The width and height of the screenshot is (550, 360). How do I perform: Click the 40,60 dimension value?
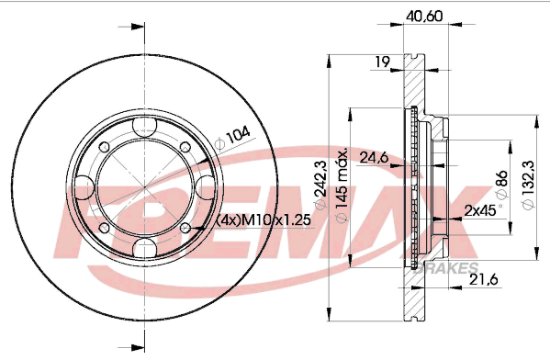[424, 17]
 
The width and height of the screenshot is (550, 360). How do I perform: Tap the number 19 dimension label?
[382, 62]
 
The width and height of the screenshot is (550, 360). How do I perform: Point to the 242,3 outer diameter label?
[320, 184]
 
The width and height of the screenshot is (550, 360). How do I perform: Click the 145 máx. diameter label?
[342, 185]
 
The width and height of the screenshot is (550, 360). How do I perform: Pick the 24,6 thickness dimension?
[374, 157]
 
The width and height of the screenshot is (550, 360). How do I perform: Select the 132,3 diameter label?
[528, 185]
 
